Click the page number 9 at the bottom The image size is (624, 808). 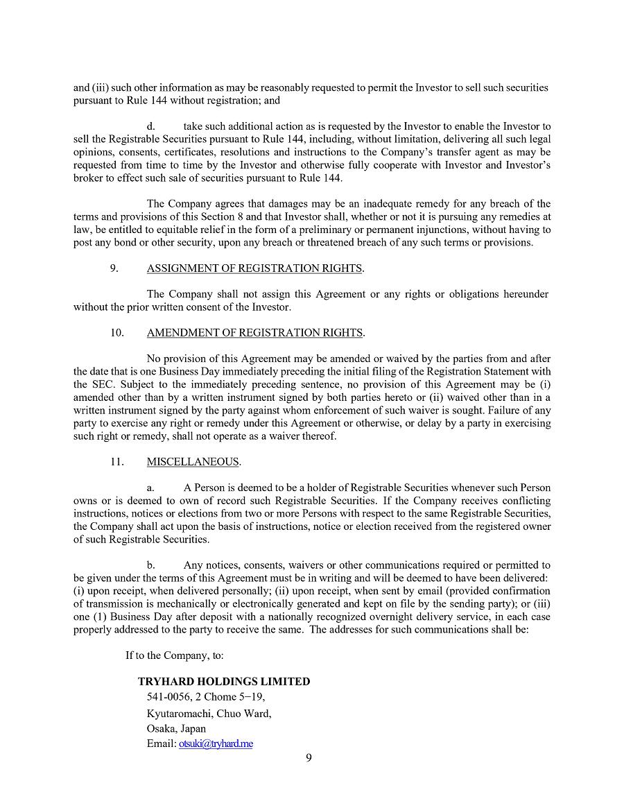pyautogui.click(x=309, y=757)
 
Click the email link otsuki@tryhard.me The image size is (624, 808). pyautogui.click(x=216, y=743)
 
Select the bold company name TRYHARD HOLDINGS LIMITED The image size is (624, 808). pyautogui.click(x=224, y=682)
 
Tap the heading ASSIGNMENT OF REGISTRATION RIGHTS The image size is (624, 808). pyautogui.click(x=254, y=268)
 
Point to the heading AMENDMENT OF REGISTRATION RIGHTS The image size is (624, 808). pyautogui.click(x=254, y=333)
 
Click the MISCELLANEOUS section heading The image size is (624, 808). pyautogui.click(x=193, y=462)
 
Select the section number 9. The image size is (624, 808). pyautogui.click(x=114, y=268)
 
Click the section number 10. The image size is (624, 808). pyautogui.click(x=116, y=333)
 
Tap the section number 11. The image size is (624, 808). pyautogui.click(x=116, y=462)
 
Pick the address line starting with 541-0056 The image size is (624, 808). pyautogui.click(x=206, y=697)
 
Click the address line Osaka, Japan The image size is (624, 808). pyautogui.click(x=176, y=729)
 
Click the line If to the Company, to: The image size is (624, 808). pyautogui.click(x=174, y=655)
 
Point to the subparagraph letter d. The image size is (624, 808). pyautogui.click(x=150, y=126)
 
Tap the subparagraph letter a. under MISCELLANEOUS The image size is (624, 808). pyautogui.click(x=150, y=488)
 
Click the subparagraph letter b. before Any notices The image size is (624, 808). pyautogui.click(x=150, y=565)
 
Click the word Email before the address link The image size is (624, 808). pyautogui.click(x=161, y=743)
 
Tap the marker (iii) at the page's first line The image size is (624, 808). pyautogui.click(x=100, y=88)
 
